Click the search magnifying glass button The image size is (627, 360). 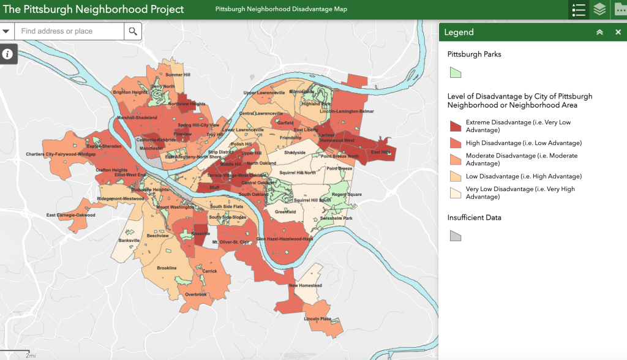133,31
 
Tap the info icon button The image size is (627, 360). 7,54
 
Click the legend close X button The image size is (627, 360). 618,32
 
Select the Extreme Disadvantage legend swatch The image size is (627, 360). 456,126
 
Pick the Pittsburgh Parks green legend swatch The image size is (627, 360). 455,72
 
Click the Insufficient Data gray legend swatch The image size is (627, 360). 455,236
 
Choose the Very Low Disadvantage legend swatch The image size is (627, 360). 456,193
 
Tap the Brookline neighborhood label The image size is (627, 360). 167,268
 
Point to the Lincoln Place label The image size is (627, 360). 318,319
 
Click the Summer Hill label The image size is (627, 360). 178,75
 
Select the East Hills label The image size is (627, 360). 380,152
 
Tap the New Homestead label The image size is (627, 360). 306,286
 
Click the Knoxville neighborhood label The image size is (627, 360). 201,234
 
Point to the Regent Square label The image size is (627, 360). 347,195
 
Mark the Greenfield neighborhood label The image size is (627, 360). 285,212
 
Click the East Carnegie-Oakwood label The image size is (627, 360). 71,216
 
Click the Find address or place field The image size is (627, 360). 70,31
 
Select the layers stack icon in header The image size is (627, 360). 599,9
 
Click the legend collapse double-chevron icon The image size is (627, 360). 599,32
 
